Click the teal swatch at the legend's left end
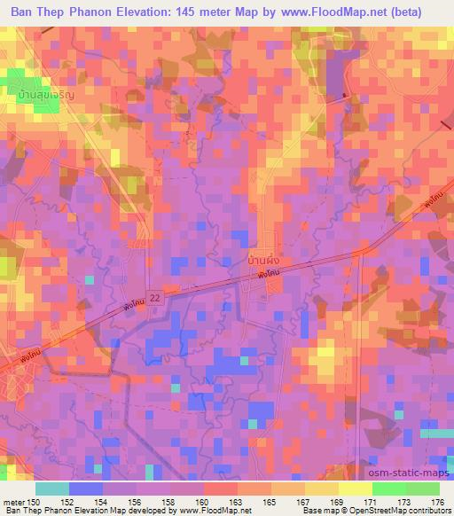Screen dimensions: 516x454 (x=52, y=489)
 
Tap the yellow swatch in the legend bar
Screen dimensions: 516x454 (x=355, y=489)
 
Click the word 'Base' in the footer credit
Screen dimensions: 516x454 (x=309, y=512)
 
